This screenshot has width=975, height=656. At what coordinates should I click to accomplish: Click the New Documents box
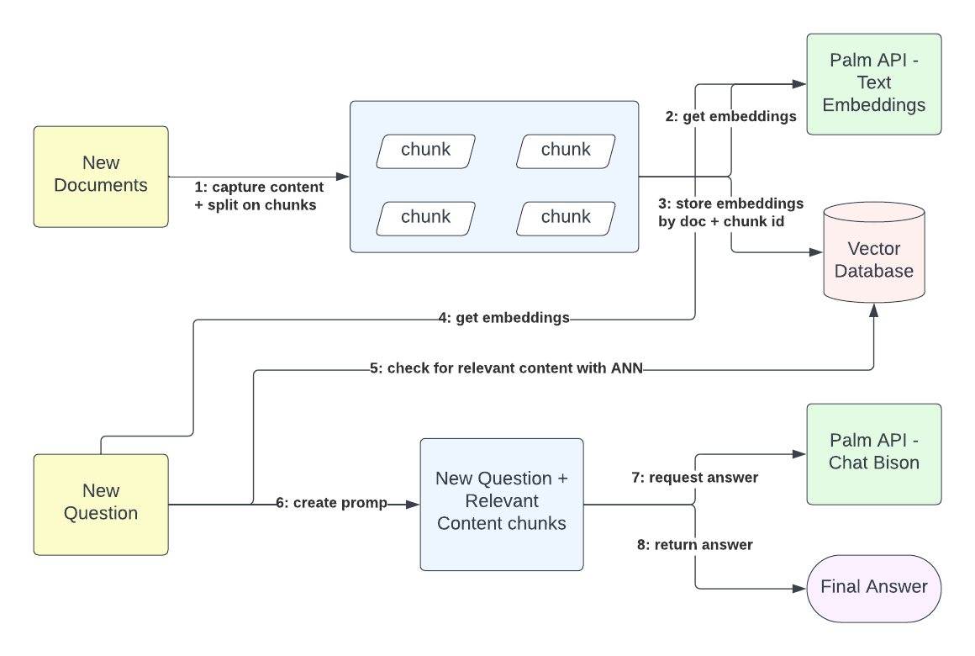point(101,177)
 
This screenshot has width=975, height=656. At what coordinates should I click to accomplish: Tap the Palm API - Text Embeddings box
point(874,84)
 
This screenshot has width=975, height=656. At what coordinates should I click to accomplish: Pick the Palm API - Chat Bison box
point(874,454)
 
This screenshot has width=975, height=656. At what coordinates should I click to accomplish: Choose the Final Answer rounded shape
point(874,587)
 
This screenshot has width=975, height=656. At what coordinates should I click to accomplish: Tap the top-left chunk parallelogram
point(425,151)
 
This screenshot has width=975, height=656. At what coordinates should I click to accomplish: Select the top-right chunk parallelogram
point(566,151)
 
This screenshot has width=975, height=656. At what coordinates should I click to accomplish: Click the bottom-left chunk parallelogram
point(425,218)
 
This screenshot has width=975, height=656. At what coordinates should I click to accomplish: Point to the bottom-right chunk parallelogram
point(566,218)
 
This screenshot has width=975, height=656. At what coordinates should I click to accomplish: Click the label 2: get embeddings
point(730,117)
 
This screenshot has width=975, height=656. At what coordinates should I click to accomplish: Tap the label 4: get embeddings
point(503,318)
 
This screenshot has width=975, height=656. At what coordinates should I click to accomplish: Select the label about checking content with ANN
point(506,368)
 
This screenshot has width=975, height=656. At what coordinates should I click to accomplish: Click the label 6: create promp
point(331,503)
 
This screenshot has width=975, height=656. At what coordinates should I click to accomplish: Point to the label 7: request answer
point(694,478)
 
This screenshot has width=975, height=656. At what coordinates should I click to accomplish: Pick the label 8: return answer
point(694,545)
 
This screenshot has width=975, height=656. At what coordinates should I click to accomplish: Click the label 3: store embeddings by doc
point(730,212)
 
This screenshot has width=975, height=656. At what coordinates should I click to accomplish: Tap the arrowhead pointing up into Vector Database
point(874,310)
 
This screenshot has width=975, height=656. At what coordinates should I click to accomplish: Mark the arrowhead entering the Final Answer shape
point(799,589)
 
